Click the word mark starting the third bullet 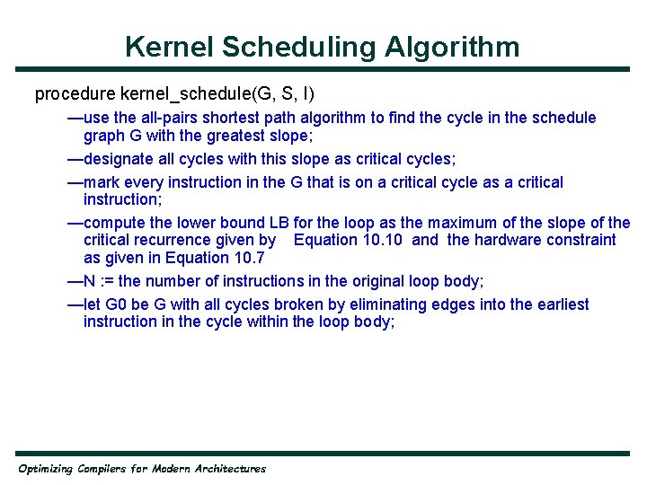pos(101,182)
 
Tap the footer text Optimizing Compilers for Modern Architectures pos(142,469)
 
